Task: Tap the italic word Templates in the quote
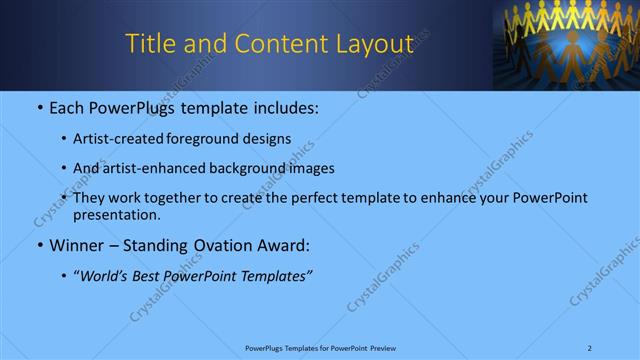tap(278, 275)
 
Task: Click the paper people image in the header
tap(566, 44)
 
